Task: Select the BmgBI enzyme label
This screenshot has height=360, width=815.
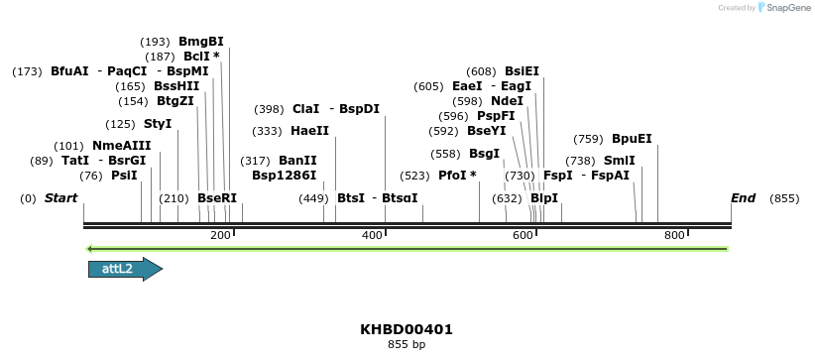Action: point(200,42)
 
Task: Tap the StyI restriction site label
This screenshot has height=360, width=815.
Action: point(158,124)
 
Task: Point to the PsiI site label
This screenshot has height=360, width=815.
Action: point(124,176)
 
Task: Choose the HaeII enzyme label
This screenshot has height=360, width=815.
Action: point(309,131)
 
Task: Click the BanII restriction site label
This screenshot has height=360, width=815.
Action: point(297,161)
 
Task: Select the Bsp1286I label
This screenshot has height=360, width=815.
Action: point(284,176)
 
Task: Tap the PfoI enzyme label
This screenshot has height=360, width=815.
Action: point(457,176)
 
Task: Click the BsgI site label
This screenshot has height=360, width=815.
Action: point(484,154)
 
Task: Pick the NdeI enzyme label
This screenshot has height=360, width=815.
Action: point(507,101)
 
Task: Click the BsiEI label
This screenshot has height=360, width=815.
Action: point(522,71)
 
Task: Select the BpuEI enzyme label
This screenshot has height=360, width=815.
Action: point(632,139)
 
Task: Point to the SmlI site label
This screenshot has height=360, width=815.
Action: point(620,161)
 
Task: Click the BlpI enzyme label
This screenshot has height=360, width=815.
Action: point(544,198)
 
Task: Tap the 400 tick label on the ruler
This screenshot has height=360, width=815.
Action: point(373,235)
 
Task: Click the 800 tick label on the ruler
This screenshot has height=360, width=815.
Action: point(675,235)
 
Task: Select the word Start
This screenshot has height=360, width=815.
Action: point(61,198)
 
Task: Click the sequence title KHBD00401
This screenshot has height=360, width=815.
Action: point(407,329)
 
